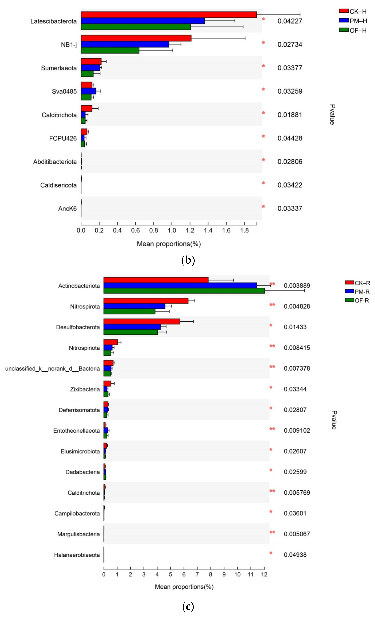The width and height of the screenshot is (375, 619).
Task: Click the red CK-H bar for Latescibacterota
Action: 168,15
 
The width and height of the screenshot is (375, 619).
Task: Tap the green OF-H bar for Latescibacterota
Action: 136,27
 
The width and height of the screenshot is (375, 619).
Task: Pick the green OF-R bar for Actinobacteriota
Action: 184,291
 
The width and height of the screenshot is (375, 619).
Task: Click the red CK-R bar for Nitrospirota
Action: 146,301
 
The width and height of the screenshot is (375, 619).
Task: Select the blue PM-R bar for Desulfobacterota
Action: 132,327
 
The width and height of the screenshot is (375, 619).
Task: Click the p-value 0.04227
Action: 290,21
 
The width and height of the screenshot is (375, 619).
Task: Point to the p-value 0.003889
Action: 297,286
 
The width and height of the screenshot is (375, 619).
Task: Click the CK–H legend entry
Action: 353,11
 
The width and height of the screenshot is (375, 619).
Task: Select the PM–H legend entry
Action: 353,21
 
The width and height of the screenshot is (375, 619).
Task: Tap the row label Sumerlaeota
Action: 59,68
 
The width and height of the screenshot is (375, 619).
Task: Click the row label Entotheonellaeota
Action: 76,431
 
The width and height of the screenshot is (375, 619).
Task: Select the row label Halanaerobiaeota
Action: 77,555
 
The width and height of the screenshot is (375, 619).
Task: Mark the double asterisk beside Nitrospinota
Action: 272,346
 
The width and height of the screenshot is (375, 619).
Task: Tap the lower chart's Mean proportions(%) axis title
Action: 184,587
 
